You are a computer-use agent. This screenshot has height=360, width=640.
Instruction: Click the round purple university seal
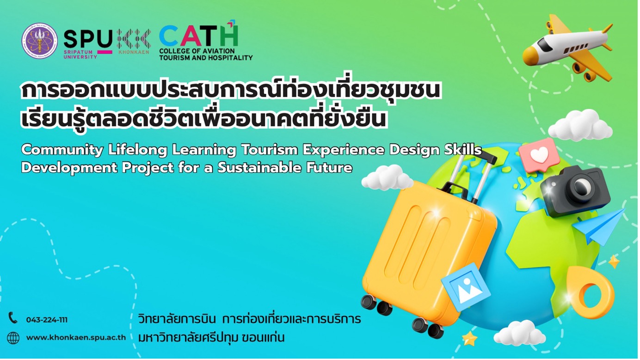(x=40, y=41)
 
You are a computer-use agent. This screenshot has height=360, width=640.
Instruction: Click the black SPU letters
(x=88, y=39)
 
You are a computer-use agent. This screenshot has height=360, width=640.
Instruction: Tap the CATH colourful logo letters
(x=198, y=36)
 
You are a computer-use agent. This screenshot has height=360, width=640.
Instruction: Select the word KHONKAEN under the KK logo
(x=134, y=52)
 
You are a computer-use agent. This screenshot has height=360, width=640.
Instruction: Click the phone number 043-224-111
(x=47, y=320)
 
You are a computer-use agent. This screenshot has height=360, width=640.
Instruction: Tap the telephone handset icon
(x=13, y=318)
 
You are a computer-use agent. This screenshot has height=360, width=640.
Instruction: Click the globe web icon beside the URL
(x=13, y=338)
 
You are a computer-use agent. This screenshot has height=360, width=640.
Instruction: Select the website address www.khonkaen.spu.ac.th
(x=76, y=337)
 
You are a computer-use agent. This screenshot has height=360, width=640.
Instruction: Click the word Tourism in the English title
(x=269, y=150)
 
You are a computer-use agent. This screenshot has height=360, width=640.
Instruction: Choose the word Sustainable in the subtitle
(x=259, y=168)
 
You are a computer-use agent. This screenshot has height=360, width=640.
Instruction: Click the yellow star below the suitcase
(x=470, y=339)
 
